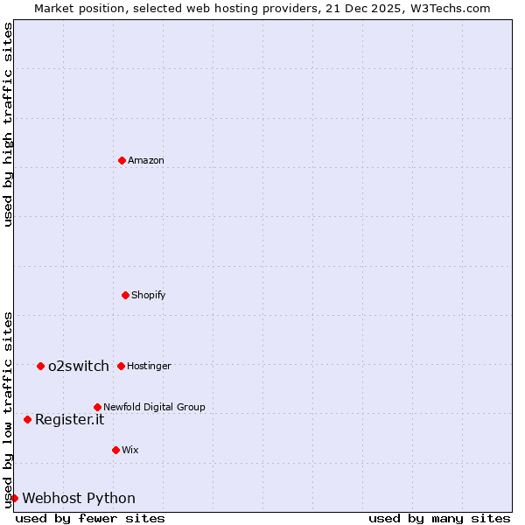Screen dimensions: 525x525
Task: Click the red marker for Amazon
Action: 122,160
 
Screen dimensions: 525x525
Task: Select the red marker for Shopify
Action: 125,295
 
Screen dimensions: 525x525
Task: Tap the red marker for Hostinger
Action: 121,366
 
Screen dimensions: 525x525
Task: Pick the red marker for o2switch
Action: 40,366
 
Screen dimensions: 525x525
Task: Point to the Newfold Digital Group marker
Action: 97,407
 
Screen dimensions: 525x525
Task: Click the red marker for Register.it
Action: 27,419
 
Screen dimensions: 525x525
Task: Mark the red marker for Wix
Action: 115,450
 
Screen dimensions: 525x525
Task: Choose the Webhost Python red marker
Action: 14,498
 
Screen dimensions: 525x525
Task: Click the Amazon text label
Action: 146,160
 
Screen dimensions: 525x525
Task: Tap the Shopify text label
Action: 149,295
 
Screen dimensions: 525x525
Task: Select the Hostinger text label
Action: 149,366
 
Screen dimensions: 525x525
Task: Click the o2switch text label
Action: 79,366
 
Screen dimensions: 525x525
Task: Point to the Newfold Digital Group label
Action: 154,407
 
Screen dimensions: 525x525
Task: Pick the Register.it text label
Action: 69,419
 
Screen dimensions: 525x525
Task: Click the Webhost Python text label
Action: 79,498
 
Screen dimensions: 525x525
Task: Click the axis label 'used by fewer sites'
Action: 90,518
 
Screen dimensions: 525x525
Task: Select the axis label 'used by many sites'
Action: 439,518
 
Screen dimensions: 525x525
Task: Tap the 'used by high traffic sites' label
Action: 9,124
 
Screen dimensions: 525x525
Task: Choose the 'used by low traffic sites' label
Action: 9,409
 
